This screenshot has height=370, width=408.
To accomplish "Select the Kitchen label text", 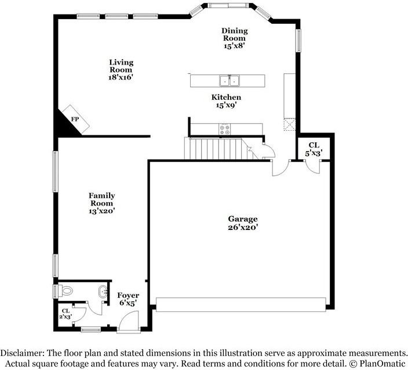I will tap(226, 97).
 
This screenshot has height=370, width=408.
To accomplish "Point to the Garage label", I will tap(242, 219).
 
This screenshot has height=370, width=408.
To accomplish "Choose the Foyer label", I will tap(128, 296).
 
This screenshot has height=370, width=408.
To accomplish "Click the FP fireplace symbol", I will tap(74, 119).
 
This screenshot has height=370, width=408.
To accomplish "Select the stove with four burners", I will tap(224, 129).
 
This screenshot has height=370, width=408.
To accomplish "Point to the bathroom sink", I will tap(103, 292).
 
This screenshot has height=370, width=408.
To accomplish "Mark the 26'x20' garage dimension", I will tap(242, 228).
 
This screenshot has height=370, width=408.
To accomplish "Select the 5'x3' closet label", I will tap(314, 149).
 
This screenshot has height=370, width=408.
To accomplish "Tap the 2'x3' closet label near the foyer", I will tap(66, 314).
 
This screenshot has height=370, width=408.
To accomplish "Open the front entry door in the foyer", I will tap(128, 321).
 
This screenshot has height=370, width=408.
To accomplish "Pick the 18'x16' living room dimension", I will tap(122, 77).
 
